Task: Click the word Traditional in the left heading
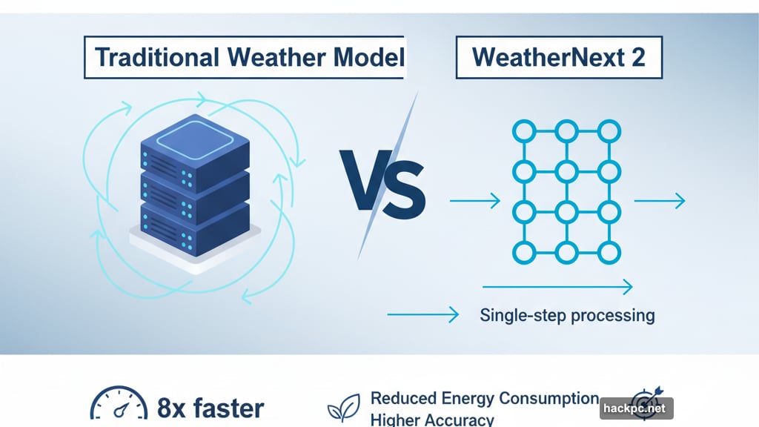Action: [151, 56]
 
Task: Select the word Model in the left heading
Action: [365, 56]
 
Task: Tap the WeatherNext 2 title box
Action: [558, 56]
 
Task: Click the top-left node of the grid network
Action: [524, 132]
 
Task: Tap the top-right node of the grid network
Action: [609, 132]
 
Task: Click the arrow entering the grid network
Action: [476, 199]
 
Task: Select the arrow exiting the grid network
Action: [659, 199]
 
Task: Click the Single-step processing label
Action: [567, 315]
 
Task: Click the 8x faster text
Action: [211, 408]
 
